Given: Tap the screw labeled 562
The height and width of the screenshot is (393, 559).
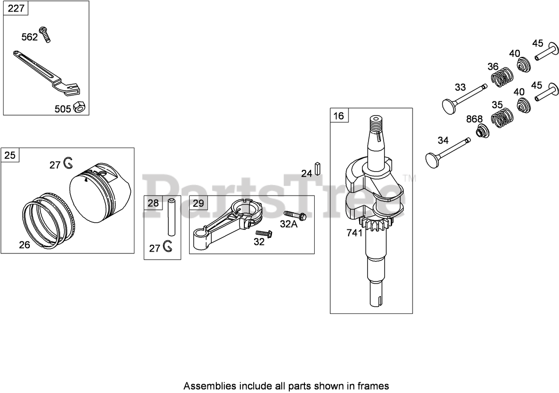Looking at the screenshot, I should tap(45, 35).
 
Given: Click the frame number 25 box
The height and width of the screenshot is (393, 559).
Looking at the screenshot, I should tap(10, 155).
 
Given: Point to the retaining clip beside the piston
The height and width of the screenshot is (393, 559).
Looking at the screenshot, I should tap(68, 164).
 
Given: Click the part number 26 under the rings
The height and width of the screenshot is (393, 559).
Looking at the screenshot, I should tap(24, 245).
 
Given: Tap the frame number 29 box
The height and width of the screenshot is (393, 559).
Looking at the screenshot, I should tap(198, 203).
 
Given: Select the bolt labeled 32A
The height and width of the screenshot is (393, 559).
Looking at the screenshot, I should tap(296, 216).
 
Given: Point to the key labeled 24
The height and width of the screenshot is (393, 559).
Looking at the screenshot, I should tap(318, 168).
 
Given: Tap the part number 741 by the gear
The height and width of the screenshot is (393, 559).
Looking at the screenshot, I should tap(355, 233).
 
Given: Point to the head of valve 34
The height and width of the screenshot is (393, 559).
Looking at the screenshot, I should tap(433, 160).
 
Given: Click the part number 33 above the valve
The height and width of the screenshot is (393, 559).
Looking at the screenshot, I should tap(460, 87).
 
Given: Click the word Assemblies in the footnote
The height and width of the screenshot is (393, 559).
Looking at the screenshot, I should tap(206, 385).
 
